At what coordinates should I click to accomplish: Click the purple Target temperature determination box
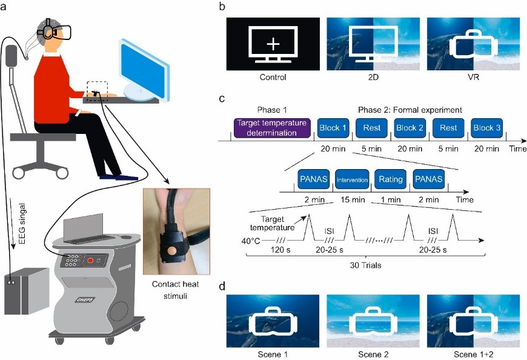tap(271, 128)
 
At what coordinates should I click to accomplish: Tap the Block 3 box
tap(488, 128)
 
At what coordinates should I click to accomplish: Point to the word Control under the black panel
tap(273, 78)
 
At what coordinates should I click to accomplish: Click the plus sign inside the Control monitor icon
tap(274, 44)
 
